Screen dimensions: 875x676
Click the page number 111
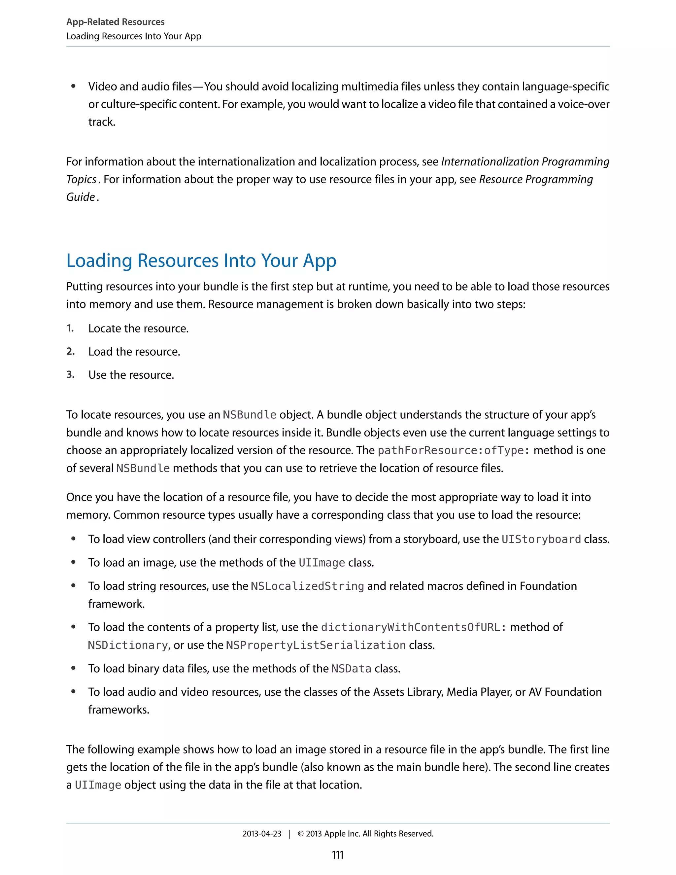coord(338,855)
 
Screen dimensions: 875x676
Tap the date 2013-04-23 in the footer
coord(261,834)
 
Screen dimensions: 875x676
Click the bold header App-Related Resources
coord(115,22)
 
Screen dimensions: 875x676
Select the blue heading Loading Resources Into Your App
coord(201,261)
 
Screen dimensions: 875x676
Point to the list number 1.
coord(70,328)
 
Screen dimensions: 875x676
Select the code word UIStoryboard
coord(541,539)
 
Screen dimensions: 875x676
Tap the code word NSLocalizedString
coord(307,586)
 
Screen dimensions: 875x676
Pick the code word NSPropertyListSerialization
coord(316,645)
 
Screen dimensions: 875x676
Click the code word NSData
coord(351,669)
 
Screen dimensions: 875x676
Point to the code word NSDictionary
coord(128,645)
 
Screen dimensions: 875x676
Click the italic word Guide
coord(81,197)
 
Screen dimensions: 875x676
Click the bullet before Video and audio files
coord(73,87)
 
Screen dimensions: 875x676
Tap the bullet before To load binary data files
coord(73,668)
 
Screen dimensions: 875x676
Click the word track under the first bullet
coord(101,122)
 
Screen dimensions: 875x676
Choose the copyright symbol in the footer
coord(301,834)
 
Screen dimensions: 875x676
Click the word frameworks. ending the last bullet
coord(118,710)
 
